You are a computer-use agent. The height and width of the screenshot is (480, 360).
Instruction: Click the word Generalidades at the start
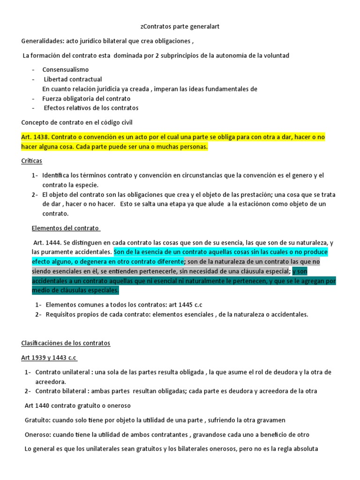click(42, 41)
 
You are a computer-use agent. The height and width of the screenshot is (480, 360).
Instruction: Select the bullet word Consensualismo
click(65, 69)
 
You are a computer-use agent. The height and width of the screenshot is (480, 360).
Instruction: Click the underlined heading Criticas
click(31, 161)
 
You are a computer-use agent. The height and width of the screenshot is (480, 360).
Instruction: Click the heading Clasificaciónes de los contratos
click(66, 343)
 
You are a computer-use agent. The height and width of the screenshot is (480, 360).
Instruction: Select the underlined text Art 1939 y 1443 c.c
click(49, 358)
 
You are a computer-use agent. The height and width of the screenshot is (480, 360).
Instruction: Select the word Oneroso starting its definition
click(37, 435)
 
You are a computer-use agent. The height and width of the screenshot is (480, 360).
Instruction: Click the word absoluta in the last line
click(305, 449)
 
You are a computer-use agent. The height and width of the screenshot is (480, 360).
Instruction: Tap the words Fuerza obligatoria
click(67, 98)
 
